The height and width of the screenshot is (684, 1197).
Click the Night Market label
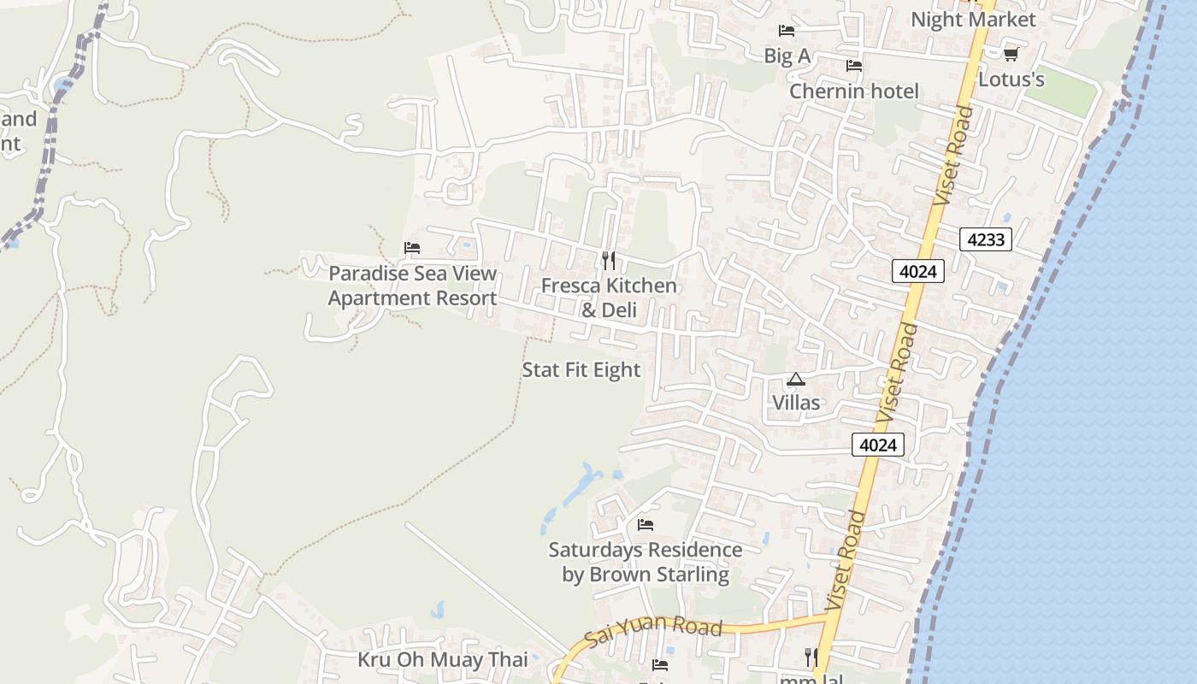click(973, 20)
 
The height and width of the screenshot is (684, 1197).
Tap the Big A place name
click(787, 56)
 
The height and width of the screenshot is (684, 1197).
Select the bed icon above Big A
click(787, 32)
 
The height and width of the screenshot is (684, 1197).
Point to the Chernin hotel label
click(853, 91)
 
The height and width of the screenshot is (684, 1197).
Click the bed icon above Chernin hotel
click(853, 66)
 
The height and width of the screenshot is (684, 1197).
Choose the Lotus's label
click(1011, 80)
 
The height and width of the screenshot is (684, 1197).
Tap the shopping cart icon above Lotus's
click(1011, 55)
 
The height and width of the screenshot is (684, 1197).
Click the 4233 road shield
click(985, 239)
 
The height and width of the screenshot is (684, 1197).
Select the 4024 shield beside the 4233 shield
click(918, 272)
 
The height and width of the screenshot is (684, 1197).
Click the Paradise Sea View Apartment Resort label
click(412, 286)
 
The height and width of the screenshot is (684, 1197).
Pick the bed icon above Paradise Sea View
click(412, 248)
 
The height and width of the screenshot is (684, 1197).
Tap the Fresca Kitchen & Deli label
click(609, 297)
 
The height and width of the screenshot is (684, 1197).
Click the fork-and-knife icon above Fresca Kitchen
click(609, 260)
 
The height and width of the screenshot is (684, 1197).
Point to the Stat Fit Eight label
click(581, 370)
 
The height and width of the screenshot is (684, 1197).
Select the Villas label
click(796, 403)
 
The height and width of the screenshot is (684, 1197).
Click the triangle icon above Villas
click(796, 379)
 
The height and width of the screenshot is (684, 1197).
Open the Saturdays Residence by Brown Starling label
click(646, 562)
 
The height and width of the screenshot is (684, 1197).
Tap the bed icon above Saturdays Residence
click(646, 524)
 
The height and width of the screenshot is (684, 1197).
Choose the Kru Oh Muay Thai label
click(442, 660)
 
